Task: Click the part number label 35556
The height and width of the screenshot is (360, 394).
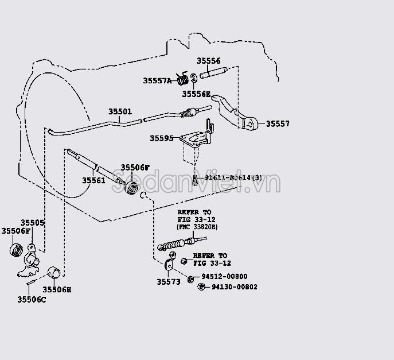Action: click(x=208, y=61)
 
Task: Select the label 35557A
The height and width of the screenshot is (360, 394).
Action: click(x=157, y=81)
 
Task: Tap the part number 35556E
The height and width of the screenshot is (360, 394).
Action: click(x=196, y=94)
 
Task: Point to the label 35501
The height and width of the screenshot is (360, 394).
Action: click(x=120, y=112)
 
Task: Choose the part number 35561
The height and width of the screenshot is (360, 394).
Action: click(x=93, y=180)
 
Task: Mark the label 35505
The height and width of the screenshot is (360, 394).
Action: click(x=33, y=223)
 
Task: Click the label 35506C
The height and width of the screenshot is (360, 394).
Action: click(x=32, y=299)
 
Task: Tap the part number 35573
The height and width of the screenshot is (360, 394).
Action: click(x=168, y=282)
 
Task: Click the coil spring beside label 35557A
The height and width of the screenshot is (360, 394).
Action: click(x=182, y=79)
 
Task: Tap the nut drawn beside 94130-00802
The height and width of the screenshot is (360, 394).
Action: click(x=201, y=287)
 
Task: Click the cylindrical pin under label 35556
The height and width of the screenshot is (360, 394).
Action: click(x=213, y=74)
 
